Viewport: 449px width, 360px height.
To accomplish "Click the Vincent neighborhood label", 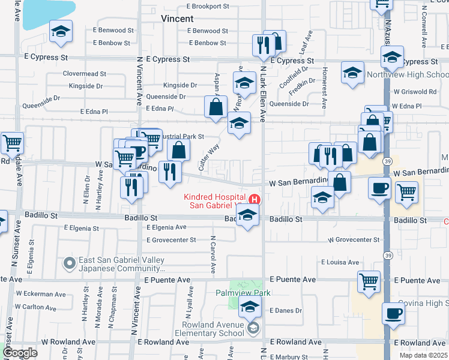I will pyautogui.click(x=177, y=19).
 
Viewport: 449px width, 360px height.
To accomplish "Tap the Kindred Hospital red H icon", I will pyautogui.click(x=255, y=199).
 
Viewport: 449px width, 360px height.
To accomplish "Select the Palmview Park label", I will pyautogui.click(x=244, y=293).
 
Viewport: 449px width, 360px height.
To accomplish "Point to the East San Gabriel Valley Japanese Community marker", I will pyautogui.click(x=70, y=262).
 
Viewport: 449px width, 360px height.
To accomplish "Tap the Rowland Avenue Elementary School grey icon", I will pyautogui.click(x=253, y=327).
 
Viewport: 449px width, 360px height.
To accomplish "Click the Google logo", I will pyautogui.click(x=20, y=353).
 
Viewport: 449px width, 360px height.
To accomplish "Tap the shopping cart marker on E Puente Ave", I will pyautogui.click(x=369, y=281).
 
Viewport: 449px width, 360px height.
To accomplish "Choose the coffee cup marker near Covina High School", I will pyautogui.click(x=394, y=314).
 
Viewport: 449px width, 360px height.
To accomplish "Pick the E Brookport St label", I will pyautogui.click(x=208, y=6).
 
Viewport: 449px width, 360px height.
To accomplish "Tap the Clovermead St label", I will pyautogui.click(x=85, y=74).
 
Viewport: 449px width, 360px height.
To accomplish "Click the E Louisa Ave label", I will pyautogui.click(x=340, y=262).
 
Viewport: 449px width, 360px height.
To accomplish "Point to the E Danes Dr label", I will pyautogui.click(x=285, y=310).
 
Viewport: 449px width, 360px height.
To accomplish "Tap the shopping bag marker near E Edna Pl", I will pyautogui.click(x=215, y=107).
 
